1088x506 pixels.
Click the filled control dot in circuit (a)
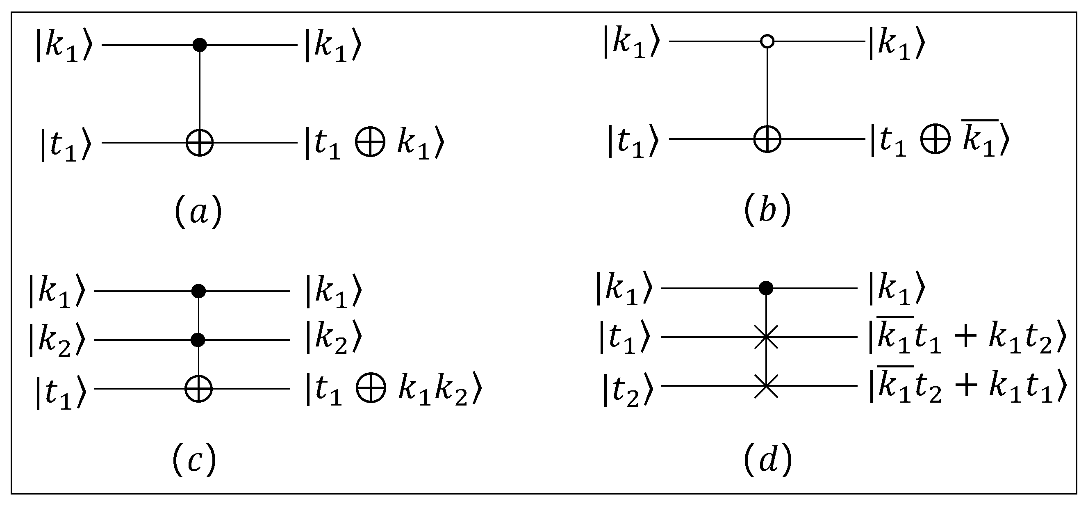click(199, 44)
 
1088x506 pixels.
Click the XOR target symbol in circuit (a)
click(199, 142)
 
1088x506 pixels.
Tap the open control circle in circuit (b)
click(767, 41)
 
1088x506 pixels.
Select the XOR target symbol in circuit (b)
click(767, 139)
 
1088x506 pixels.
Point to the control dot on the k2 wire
click(198, 340)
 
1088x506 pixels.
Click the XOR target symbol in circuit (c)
click(198, 388)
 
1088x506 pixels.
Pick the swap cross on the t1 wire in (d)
click(766, 337)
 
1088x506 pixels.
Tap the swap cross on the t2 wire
click(766, 385)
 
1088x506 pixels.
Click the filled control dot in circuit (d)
click(766, 288)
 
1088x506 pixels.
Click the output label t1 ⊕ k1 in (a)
click(374, 144)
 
